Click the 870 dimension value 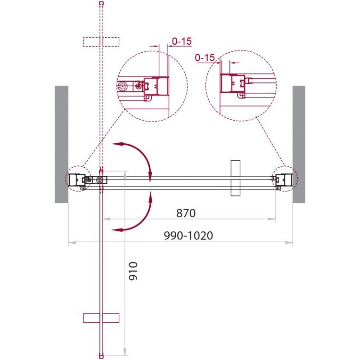186,213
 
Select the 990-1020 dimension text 188,236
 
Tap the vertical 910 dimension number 133,271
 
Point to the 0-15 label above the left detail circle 182,41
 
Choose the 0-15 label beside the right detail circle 205,57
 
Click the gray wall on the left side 62,144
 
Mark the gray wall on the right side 299,144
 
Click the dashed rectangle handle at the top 101,42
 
